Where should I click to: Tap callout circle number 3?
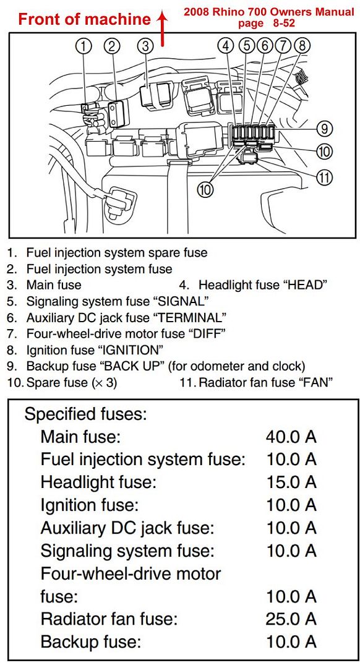click(x=145, y=46)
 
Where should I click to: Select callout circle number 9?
click(x=324, y=128)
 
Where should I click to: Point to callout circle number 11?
click(x=325, y=178)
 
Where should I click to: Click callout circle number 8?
click(x=302, y=45)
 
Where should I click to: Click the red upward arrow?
click(x=162, y=28)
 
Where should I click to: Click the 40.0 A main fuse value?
click(x=291, y=437)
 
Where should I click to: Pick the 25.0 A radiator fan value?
click(x=291, y=619)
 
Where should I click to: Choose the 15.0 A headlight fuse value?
click(x=291, y=482)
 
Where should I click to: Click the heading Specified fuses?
click(x=85, y=414)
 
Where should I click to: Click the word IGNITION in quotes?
click(x=131, y=350)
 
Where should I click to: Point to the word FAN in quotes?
click(x=310, y=382)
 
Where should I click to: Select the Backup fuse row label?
click(x=91, y=641)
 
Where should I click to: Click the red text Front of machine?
click(x=84, y=19)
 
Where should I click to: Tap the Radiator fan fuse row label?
click(x=109, y=619)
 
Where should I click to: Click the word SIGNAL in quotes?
click(x=181, y=301)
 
